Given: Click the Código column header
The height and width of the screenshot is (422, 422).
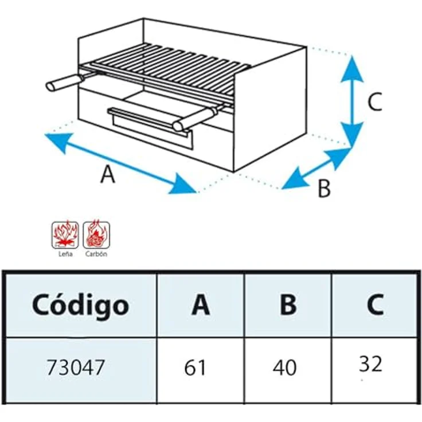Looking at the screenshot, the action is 80,306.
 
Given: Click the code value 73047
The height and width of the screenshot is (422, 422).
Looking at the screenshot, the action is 75,368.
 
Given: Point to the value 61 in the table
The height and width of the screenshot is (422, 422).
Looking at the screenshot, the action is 195,368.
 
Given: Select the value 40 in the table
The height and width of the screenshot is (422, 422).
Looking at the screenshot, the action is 284,368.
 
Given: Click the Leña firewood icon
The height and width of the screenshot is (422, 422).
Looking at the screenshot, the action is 65,235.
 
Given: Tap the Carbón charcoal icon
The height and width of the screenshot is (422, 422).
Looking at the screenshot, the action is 96,235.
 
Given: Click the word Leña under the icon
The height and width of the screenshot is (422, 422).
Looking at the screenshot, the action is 65,254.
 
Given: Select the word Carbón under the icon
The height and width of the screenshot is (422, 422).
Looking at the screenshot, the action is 96,254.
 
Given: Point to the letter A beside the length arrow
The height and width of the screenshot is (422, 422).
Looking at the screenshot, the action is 108,174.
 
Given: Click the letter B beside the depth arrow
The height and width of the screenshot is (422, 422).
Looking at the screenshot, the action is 324,189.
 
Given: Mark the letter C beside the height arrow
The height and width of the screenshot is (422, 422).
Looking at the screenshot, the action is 375,101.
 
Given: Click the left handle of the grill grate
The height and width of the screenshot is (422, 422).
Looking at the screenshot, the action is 65,82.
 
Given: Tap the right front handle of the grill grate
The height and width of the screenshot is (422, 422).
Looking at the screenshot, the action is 194,119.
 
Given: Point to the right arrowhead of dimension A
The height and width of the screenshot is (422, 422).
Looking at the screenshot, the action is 182,185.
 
